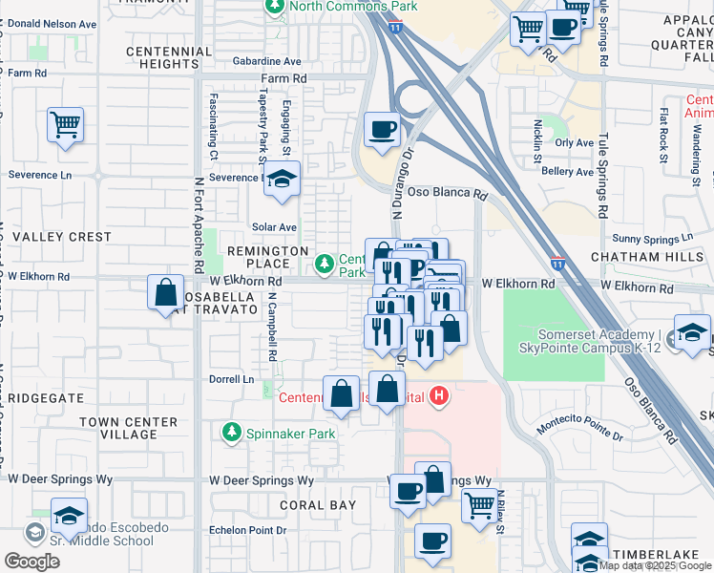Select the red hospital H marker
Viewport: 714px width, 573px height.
(x=438, y=395)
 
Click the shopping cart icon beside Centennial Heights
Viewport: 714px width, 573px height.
(x=65, y=124)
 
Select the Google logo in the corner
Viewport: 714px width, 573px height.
(x=31, y=562)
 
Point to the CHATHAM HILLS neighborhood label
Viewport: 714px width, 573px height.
(x=646, y=258)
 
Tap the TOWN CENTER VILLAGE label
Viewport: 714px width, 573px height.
(x=128, y=428)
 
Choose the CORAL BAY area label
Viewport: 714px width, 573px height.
(x=318, y=505)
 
